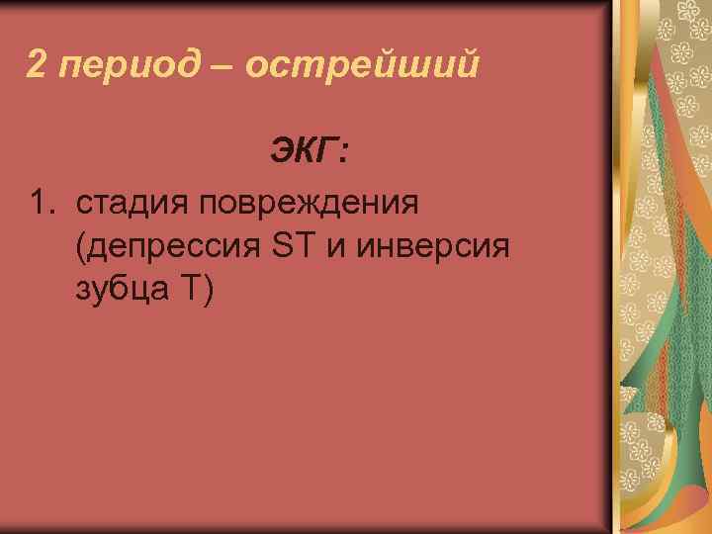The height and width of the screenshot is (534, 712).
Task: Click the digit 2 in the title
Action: [36, 66]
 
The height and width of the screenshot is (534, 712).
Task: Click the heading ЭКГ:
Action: [309, 153]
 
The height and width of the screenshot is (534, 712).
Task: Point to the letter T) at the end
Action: [195, 290]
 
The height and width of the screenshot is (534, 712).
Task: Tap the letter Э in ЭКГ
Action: [279, 153]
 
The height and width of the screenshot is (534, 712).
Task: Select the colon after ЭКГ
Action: [342, 156]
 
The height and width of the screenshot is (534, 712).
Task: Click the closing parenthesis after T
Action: [206, 291]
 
